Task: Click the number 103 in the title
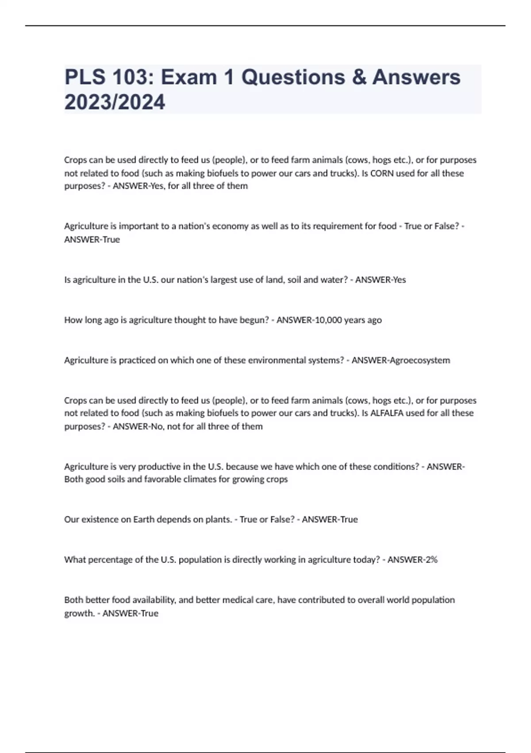[x=132, y=77]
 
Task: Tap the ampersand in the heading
[x=359, y=77]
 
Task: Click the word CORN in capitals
[x=382, y=173]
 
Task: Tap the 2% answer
[x=431, y=559]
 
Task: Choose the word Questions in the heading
[x=293, y=77]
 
